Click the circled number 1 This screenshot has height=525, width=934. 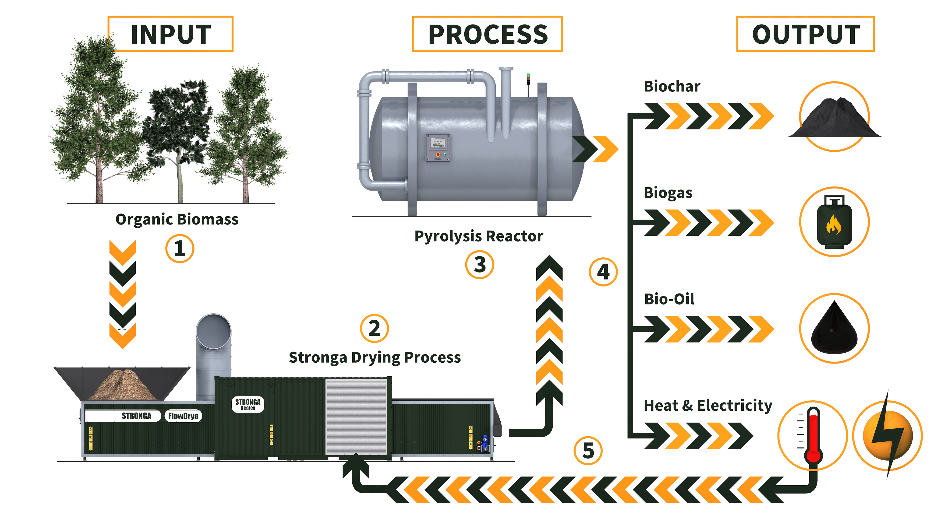(x=180, y=248)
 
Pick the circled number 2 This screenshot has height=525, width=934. (x=374, y=328)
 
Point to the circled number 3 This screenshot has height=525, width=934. (x=479, y=265)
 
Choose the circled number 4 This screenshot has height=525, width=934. (x=603, y=272)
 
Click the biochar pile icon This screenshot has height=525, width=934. (x=834, y=118)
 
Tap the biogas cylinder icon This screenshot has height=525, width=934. (x=834, y=222)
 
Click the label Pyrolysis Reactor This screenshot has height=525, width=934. (x=479, y=236)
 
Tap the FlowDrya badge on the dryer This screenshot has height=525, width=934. (x=183, y=416)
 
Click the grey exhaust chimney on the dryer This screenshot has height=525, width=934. (x=213, y=355)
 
